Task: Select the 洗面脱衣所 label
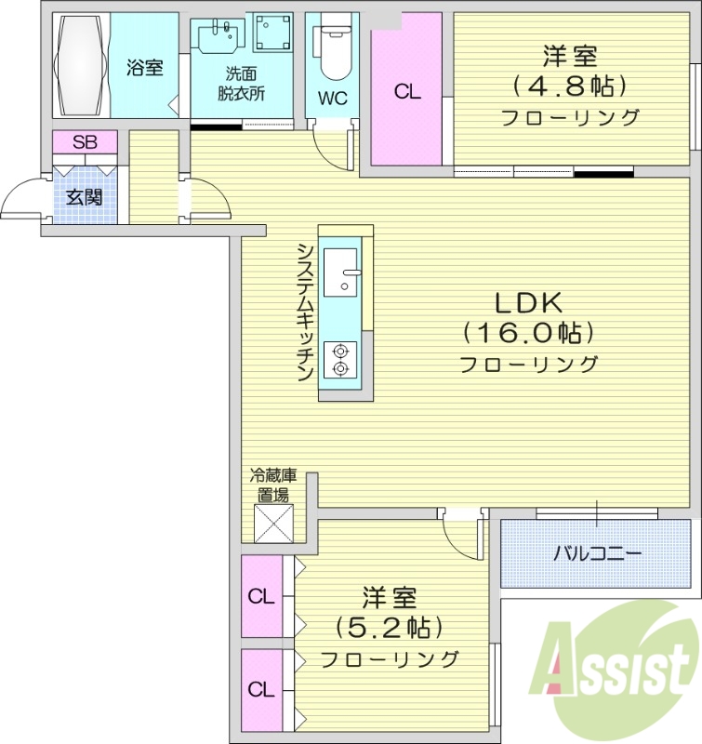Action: pyautogui.click(x=241, y=84)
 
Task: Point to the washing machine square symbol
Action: pyautogui.click(x=272, y=33)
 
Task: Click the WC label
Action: pyautogui.click(x=332, y=98)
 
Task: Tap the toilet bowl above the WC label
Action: pyautogui.click(x=332, y=46)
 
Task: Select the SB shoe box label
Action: pyautogui.click(x=85, y=142)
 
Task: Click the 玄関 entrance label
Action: pyautogui.click(x=85, y=196)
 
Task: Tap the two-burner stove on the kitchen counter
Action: pyautogui.click(x=340, y=359)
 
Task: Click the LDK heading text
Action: pyautogui.click(x=528, y=303)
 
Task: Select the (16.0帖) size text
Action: pyautogui.click(x=528, y=332)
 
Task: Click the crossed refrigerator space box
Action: pyautogui.click(x=273, y=522)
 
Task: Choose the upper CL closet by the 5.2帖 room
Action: pyautogui.click(x=262, y=596)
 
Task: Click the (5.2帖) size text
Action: pyautogui.click(x=389, y=628)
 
